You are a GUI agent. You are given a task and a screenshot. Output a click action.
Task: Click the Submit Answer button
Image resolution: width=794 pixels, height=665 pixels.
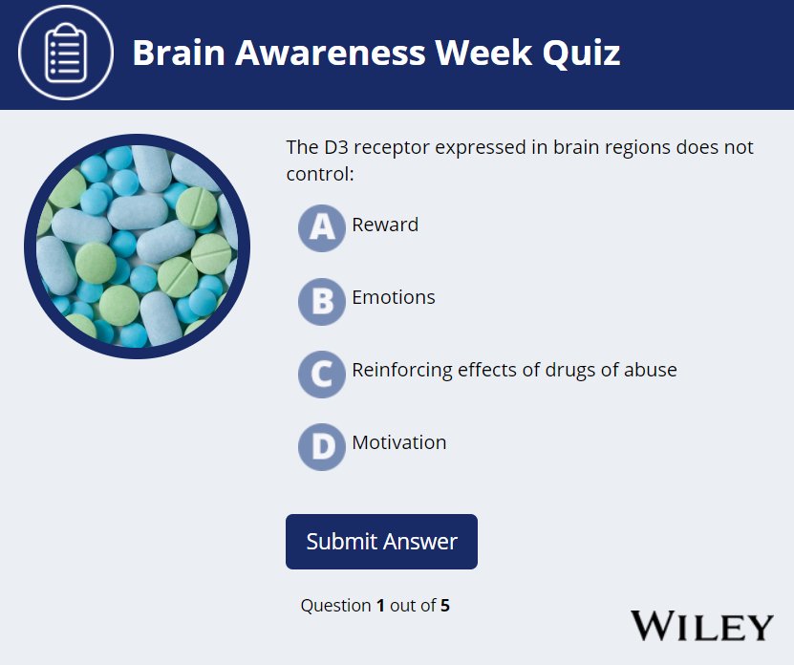click(381, 542)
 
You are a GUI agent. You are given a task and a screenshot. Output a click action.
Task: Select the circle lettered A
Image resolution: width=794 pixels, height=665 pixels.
click(322, 226)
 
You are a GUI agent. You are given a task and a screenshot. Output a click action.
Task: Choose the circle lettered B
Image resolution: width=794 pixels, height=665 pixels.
click(322, 300)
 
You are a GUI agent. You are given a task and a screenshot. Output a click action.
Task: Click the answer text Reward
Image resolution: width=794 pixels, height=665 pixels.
click(385, 225)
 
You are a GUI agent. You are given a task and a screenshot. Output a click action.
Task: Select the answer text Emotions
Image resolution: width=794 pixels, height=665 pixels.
click(394, 297)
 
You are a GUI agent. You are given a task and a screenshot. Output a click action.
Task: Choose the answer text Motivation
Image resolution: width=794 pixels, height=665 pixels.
click(399, 442)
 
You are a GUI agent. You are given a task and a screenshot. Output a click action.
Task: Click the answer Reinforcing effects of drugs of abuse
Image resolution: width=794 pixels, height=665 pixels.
click(514, 370)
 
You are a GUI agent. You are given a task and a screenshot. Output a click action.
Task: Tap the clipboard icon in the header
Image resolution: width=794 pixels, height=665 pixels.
click(66, 53)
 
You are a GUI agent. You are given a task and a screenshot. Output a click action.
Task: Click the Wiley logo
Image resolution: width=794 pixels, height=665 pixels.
click(701, 626)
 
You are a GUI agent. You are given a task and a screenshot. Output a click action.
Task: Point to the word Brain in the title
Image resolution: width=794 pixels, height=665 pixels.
click(179, 53)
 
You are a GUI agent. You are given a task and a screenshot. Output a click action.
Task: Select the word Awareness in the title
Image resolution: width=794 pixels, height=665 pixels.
click(330, 53)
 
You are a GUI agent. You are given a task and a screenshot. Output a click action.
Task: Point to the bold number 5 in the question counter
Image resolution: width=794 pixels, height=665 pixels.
click(445, 605)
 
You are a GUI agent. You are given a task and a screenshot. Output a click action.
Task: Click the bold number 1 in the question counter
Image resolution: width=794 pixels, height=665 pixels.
click(380, 605)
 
